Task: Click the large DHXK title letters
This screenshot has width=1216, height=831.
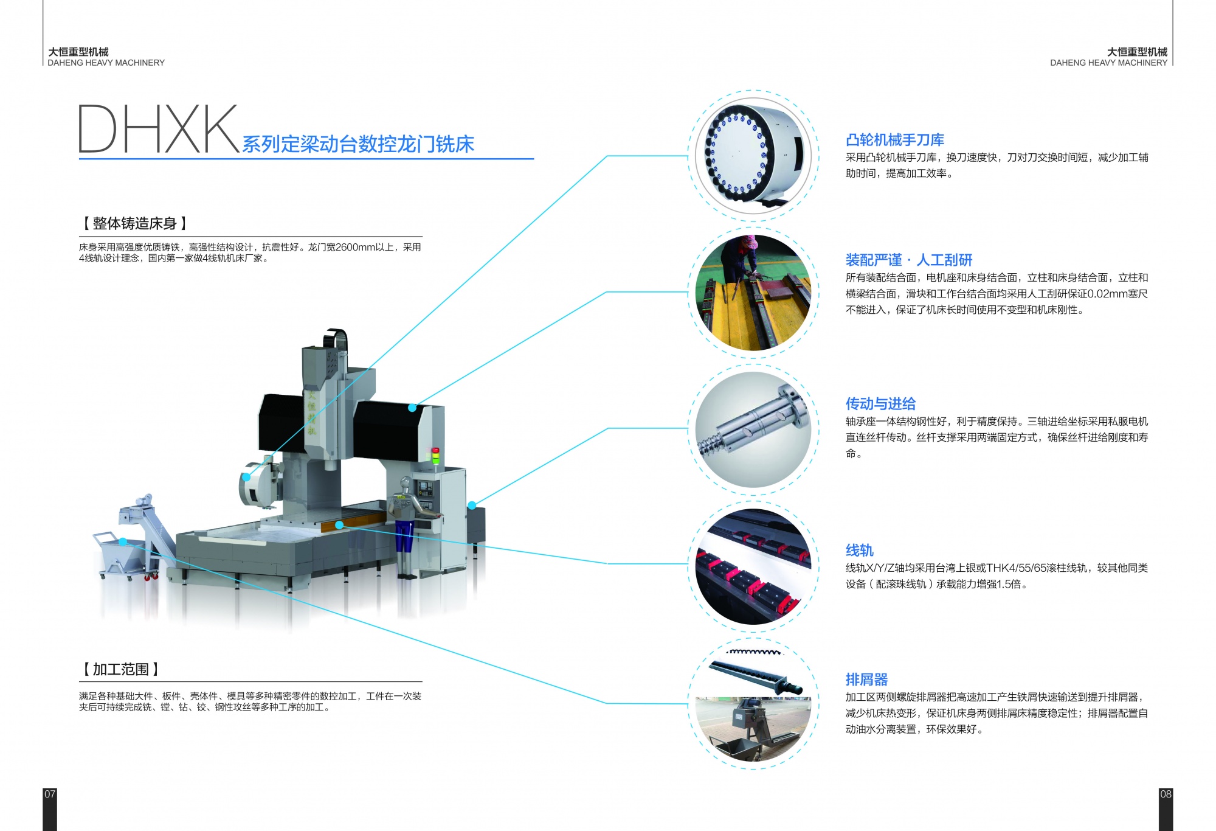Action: (158, 128)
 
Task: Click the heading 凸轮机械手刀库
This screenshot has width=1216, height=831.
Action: (894, 140)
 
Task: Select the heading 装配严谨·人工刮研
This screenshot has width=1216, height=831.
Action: (909, 260)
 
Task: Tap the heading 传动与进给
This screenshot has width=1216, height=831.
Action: (880, 404)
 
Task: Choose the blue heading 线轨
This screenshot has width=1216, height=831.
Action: (860, 551)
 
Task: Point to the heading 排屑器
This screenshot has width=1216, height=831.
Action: (866, 680)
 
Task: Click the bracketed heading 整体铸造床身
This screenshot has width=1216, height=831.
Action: (134, 223)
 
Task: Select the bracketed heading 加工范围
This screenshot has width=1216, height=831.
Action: (120, 669)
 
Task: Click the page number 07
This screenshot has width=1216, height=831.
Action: (50, 794)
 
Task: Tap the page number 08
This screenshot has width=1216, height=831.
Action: (1166, 794)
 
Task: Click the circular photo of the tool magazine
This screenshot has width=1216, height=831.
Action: (753, 156)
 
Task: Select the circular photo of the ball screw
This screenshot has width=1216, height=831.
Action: (753, 429)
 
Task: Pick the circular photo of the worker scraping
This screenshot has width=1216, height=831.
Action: (753, 293)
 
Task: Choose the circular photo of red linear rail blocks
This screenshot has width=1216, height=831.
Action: (753, 566)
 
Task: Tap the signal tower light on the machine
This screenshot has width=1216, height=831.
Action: (435, 456)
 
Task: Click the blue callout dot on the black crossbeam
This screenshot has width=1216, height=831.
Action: (412, 408)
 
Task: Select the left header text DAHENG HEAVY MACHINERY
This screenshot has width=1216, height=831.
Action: (106, 63)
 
